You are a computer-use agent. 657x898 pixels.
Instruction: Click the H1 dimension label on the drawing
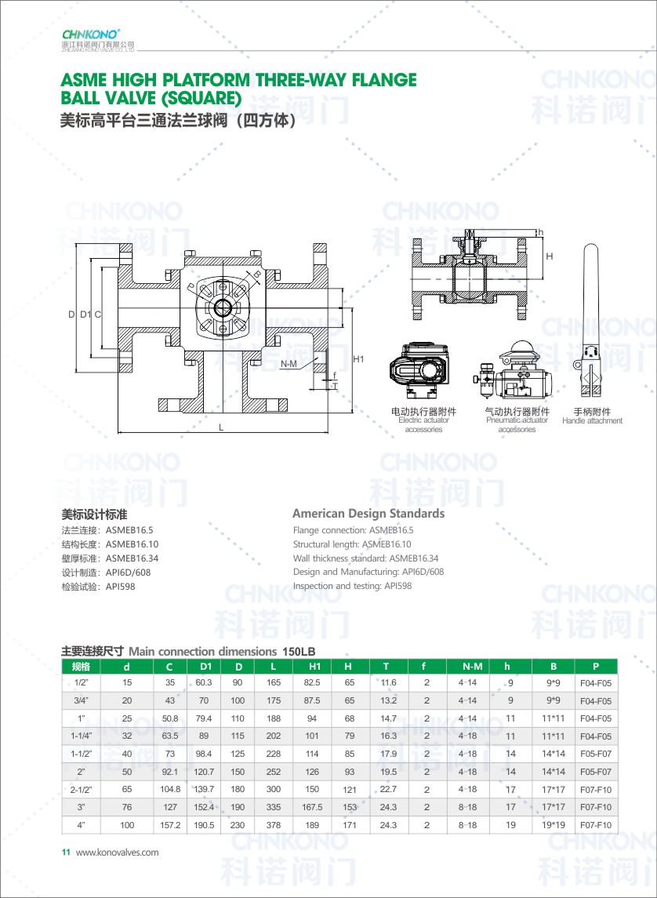pos(359,359)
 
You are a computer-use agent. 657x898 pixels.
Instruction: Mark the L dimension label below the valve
pos(222,427)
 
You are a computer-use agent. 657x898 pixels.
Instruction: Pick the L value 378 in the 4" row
pos(274,825)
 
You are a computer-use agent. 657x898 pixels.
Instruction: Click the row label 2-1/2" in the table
pos(81,789)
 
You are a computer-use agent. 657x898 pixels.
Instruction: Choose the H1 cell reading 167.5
pos(312,807)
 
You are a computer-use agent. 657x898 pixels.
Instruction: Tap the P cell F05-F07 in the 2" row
pos(595,772)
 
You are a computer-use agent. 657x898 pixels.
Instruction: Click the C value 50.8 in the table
pos(170,718)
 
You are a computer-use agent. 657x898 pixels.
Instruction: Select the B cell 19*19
pos(554,825)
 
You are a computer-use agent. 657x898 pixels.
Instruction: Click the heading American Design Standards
pos(368,514)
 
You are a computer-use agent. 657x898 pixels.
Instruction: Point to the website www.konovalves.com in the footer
pos(117,853)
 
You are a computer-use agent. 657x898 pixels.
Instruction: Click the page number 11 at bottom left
pos(66,853)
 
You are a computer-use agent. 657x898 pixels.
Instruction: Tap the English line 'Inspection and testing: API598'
pos(352,586)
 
